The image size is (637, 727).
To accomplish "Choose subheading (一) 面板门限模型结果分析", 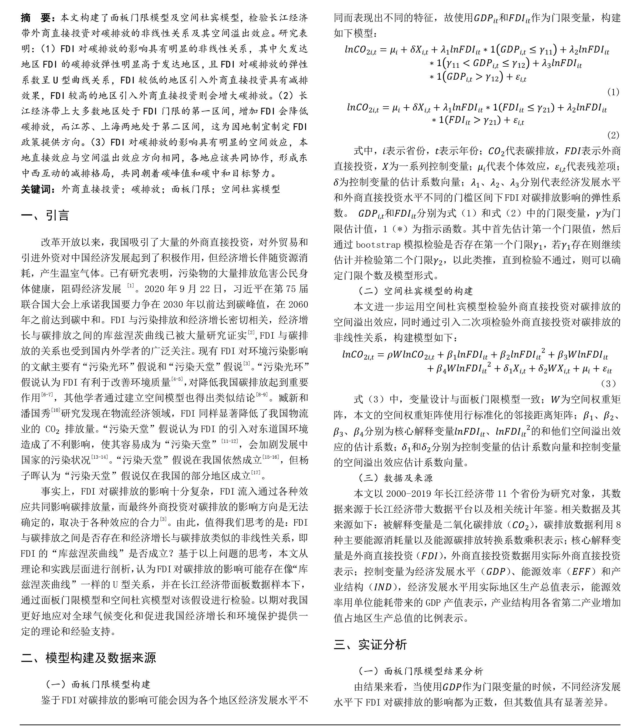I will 420,671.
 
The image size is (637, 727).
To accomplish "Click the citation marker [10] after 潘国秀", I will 56,410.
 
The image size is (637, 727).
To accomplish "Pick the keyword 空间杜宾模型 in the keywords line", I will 250,189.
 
